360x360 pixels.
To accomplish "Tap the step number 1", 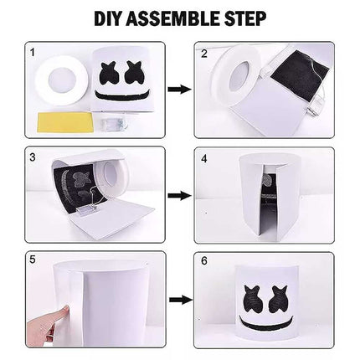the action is (x=33, y=53).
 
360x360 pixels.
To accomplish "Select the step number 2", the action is (x=204, y=54).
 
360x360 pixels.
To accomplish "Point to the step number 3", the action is (x=33, y=157).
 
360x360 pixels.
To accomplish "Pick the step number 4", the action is (x=204, y=158).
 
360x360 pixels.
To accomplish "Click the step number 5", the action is (x=33, y=260).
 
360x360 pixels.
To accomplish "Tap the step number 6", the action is (x=204, y=261).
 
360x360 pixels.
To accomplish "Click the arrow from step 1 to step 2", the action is (x=180, y=90).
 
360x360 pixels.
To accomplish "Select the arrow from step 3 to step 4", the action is (x=180, y=195).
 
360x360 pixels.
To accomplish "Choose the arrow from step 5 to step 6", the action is (x=181, y=300).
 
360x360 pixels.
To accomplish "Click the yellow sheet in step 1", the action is (x=65, y=122).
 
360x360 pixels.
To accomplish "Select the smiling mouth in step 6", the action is (x=266, y=324).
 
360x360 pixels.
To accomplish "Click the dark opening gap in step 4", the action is (x=269, y=203).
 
